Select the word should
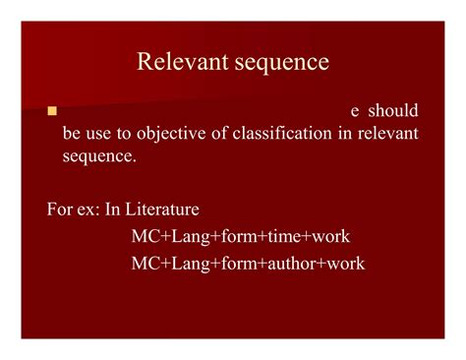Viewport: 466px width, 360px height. click(393, 111)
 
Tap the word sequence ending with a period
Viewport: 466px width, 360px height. click(99, 154)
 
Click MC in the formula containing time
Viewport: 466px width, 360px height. click(144, 236)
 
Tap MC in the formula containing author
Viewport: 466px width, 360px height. click(144, 264)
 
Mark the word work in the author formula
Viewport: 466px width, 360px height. click(346, 264)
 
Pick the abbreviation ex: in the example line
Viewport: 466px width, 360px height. click(92, 209)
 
